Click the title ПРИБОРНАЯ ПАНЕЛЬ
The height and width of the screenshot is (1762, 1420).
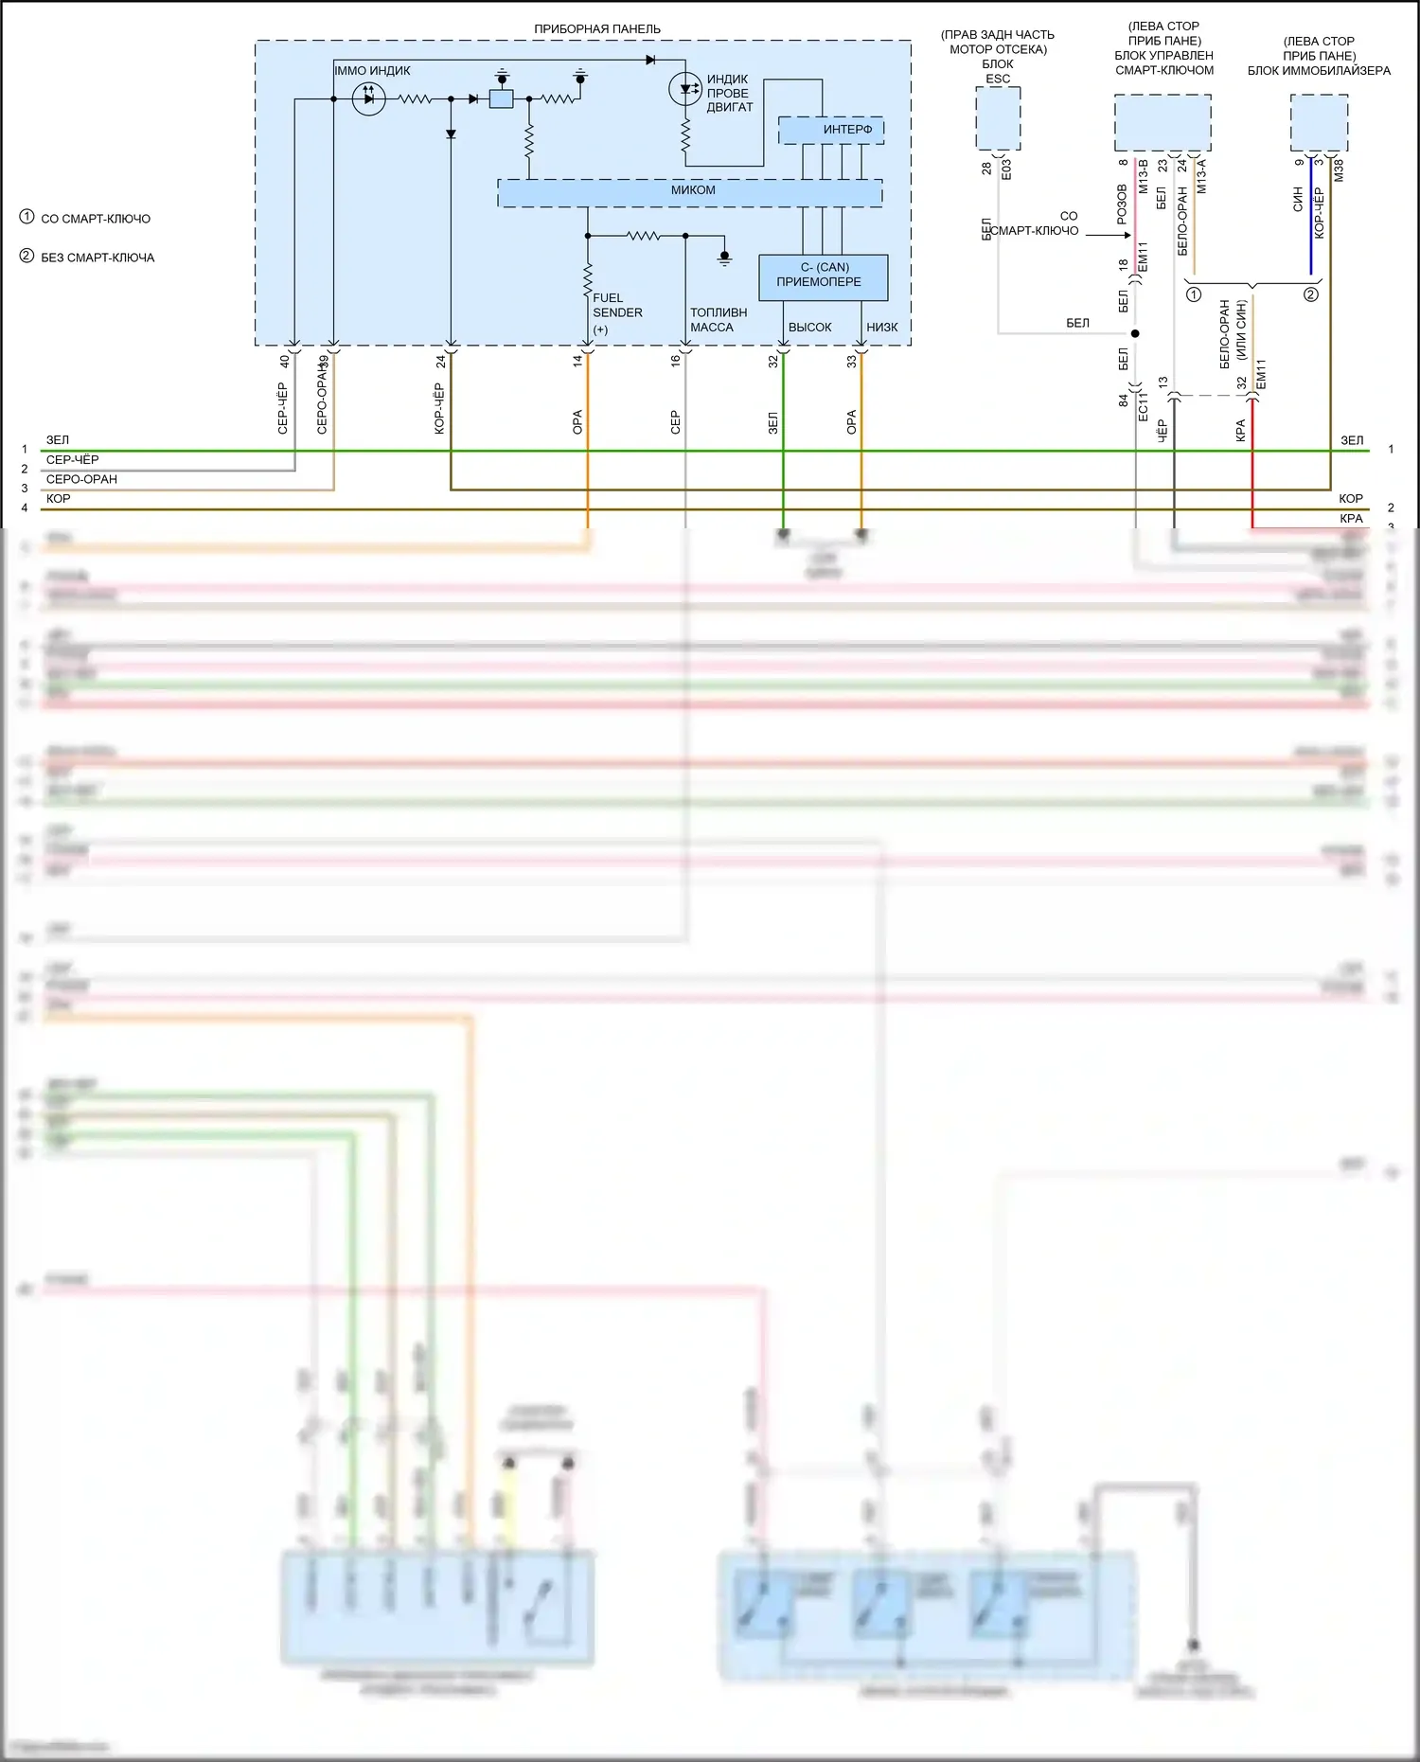[596, 28]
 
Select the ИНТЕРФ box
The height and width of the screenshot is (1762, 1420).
[831, 130]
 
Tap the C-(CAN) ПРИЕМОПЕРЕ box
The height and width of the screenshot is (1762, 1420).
[823, 276]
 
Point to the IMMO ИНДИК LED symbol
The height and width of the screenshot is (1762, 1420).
[368, 98]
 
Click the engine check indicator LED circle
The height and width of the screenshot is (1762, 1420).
[685, 90]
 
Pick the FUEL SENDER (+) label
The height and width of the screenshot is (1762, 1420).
[616, 313]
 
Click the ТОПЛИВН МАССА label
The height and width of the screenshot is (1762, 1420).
[718, 320]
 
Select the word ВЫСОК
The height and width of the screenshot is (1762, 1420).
[809, 328]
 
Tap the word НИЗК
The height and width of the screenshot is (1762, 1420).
[881, 328]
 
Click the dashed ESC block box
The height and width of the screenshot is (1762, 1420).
[998, 118]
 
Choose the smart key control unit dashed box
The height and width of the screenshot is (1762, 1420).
[1163, 122]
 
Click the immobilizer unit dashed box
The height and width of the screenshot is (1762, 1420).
[1319, 122]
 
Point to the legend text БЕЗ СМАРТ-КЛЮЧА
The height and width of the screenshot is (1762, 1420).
[97, 258]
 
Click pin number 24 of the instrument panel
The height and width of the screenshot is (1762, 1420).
[441, 362]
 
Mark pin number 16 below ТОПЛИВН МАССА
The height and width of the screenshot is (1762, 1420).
[675, 361]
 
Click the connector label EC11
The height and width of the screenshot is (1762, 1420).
[1143, 404]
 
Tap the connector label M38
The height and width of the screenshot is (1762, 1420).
[1338, 171]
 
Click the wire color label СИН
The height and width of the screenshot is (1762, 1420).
[1298, 199]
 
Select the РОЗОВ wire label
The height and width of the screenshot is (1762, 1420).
[1122, 205]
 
